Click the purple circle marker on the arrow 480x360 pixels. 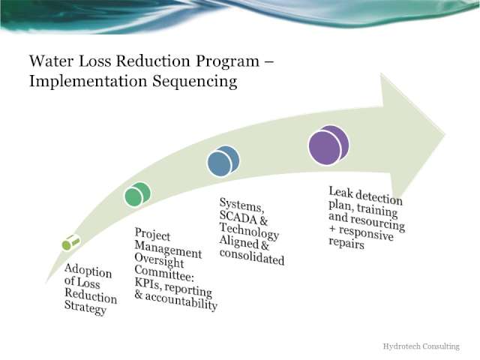pos(328,145)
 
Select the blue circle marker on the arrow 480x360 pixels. pos(223,160)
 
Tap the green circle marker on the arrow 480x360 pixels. pos(137,194)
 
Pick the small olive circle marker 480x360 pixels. pos(70,243)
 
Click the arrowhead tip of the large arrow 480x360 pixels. pos(445,133)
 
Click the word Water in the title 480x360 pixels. pos(52,61)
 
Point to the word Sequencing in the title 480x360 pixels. pos(195,82)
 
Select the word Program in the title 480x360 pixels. pos(227,61)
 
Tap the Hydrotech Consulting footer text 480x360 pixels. pos(421,346)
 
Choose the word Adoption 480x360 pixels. pos(88,271)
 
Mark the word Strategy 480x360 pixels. pos(85,307)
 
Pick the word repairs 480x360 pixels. pos(346,243)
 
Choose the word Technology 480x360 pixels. pos(249,231)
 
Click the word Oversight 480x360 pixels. pos(159,260)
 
